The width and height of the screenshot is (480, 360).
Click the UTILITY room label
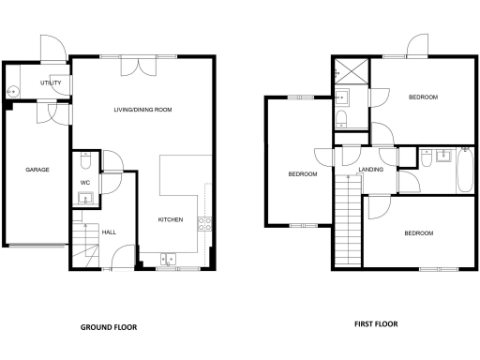pyautogui.click(x=51, y=83)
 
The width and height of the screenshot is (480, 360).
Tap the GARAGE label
pyautogui.click(x=37, y=170)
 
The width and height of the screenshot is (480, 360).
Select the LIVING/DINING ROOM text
pyautogui.click(x=142, y=110)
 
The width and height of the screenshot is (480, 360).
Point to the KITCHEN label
pyautogui.click(x=170, y=219)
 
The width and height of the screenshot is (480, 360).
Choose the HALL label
pyautogui.click(x=109, y=232)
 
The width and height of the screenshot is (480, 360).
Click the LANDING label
pyautogui.click(x=371, y=170)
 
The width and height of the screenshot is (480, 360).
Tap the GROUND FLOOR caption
pyautogui.click(x=108, y=328)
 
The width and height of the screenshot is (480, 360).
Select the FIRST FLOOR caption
pyautogui.click(x=375, y=324)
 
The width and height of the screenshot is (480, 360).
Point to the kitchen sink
pyautogui.click(x=169, y=258)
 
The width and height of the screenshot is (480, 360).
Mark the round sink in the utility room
pyautogui.click(x=13, y=92)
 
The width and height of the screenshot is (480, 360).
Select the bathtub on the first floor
pyautogui.click(x=464, y=171)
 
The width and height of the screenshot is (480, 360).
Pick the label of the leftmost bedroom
pyautogui.click(x=302, y=174)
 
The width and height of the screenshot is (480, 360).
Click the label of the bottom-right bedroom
pyautogui.click(x=418, y=232)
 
